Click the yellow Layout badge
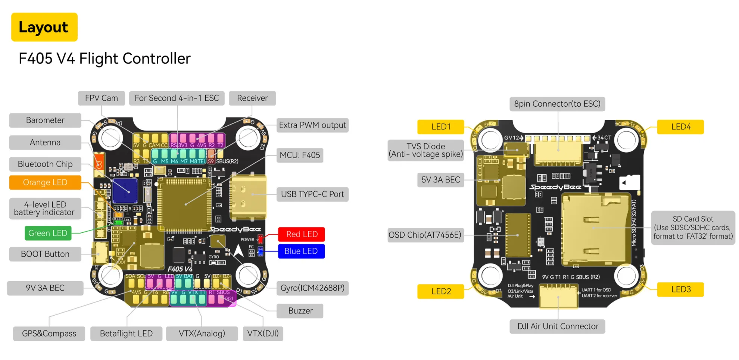pyautogui.click(x=44, y=27)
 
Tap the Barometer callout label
pyautogui.click(x=45, y=120)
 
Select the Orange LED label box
pyautogui.click(x=45, y=182)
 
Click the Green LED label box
pyautogui.click(x=48, y=233)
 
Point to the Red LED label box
pyautogui.click(x=302, y=234)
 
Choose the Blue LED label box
pyautogui.click(x=301, y=251)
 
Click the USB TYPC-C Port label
pyautogui.click(x=312, y=194)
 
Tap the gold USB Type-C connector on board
pyautogui.click(x=248, y=197)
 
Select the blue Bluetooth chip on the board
pyautogui.click(x=125, y=191)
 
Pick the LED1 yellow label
pyautogui.click(x=441, y=127)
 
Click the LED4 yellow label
pyautogui.click(x=680, y=127)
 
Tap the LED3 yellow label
pyautogui.click(x=680, y=289)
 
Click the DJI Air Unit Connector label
pyautogui.click(x=558, y=326)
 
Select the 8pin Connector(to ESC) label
pyautogui.click(x=557, y=104)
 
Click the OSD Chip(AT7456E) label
pyautogui.click(x=425, y=235)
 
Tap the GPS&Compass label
pyautogui.click(x=49, y=334)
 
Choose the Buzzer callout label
pyautogui.click(x=300, y=311)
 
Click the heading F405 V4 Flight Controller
pyautogui.click(x=105, y=59)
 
